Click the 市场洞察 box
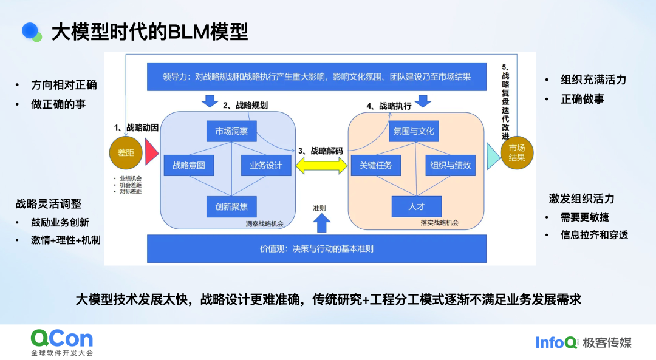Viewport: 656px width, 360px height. [x=231, y=131]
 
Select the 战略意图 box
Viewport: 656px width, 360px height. [x=189, y=165]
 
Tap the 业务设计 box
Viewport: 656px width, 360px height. [x=262, y=165]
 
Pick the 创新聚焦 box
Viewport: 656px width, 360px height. [x=231, y=206]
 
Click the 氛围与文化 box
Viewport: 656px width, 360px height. [x=414, y=131]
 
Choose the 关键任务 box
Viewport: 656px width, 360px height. [x=376, y=165]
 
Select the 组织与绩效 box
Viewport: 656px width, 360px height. [x=450, y=165]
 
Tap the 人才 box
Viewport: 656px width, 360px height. [x=417, y=206]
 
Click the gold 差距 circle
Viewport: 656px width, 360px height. [x=125, y=152]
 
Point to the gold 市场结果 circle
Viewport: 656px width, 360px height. [x=517, y=152]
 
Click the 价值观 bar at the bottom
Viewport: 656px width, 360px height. [x=316, y=249]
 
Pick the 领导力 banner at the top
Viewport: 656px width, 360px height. [x=318, y=77]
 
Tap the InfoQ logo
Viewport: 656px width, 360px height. [x=556, y=342]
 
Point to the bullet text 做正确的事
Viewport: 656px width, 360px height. [x=59, y=104]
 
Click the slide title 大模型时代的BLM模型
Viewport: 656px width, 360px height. [x=149, y=32]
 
